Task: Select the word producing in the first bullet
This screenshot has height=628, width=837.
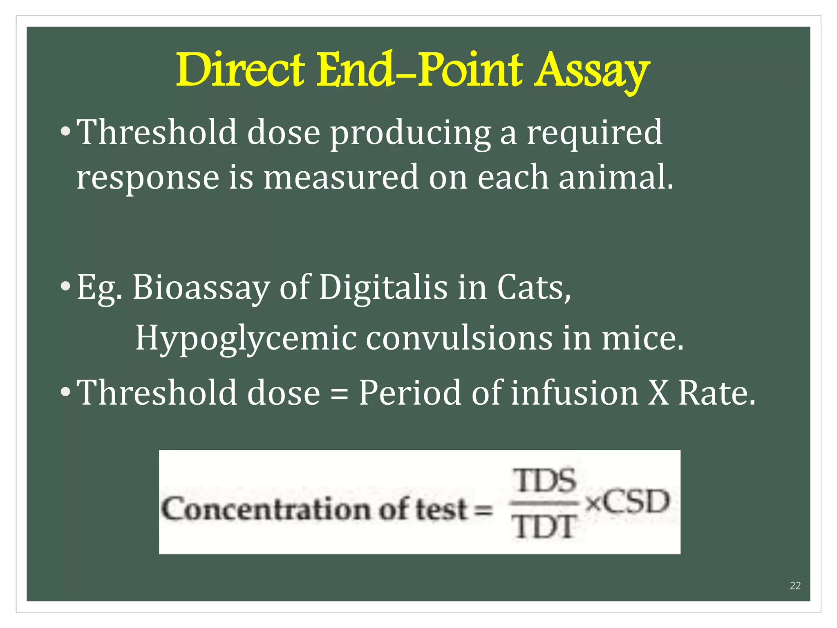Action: (410, 133)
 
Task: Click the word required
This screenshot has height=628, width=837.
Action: (594, 133)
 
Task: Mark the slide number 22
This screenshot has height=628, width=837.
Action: (795, 585)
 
